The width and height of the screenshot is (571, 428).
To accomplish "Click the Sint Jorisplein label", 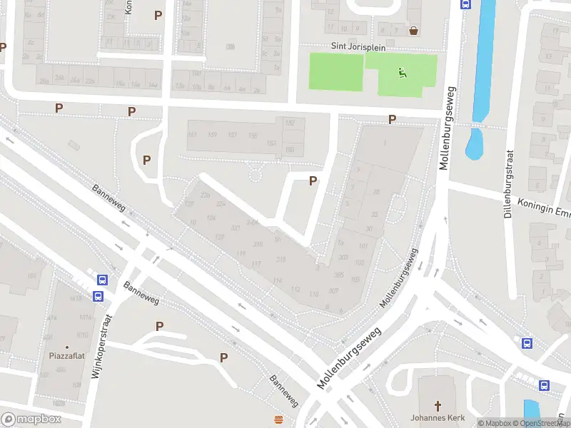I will (x=358, y=46).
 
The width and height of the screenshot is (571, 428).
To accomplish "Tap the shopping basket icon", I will (x=414, y=31).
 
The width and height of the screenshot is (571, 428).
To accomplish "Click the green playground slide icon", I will (x=403, y=72).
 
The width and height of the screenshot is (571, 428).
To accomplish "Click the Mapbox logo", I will (x=31, y=419).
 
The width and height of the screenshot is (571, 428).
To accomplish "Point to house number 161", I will (x=192, y=135).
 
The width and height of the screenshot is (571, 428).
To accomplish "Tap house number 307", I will (x=333, y=290).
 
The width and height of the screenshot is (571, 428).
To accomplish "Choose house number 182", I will (x=290, y=123).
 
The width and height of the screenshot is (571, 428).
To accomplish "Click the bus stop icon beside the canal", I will (x=466, y=4).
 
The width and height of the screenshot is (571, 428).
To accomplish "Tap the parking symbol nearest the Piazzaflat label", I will (x=160, y=326).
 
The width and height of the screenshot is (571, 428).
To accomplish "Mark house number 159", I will (x=212, y=135).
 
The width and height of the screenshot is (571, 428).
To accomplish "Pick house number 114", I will (x=277, y=280).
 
